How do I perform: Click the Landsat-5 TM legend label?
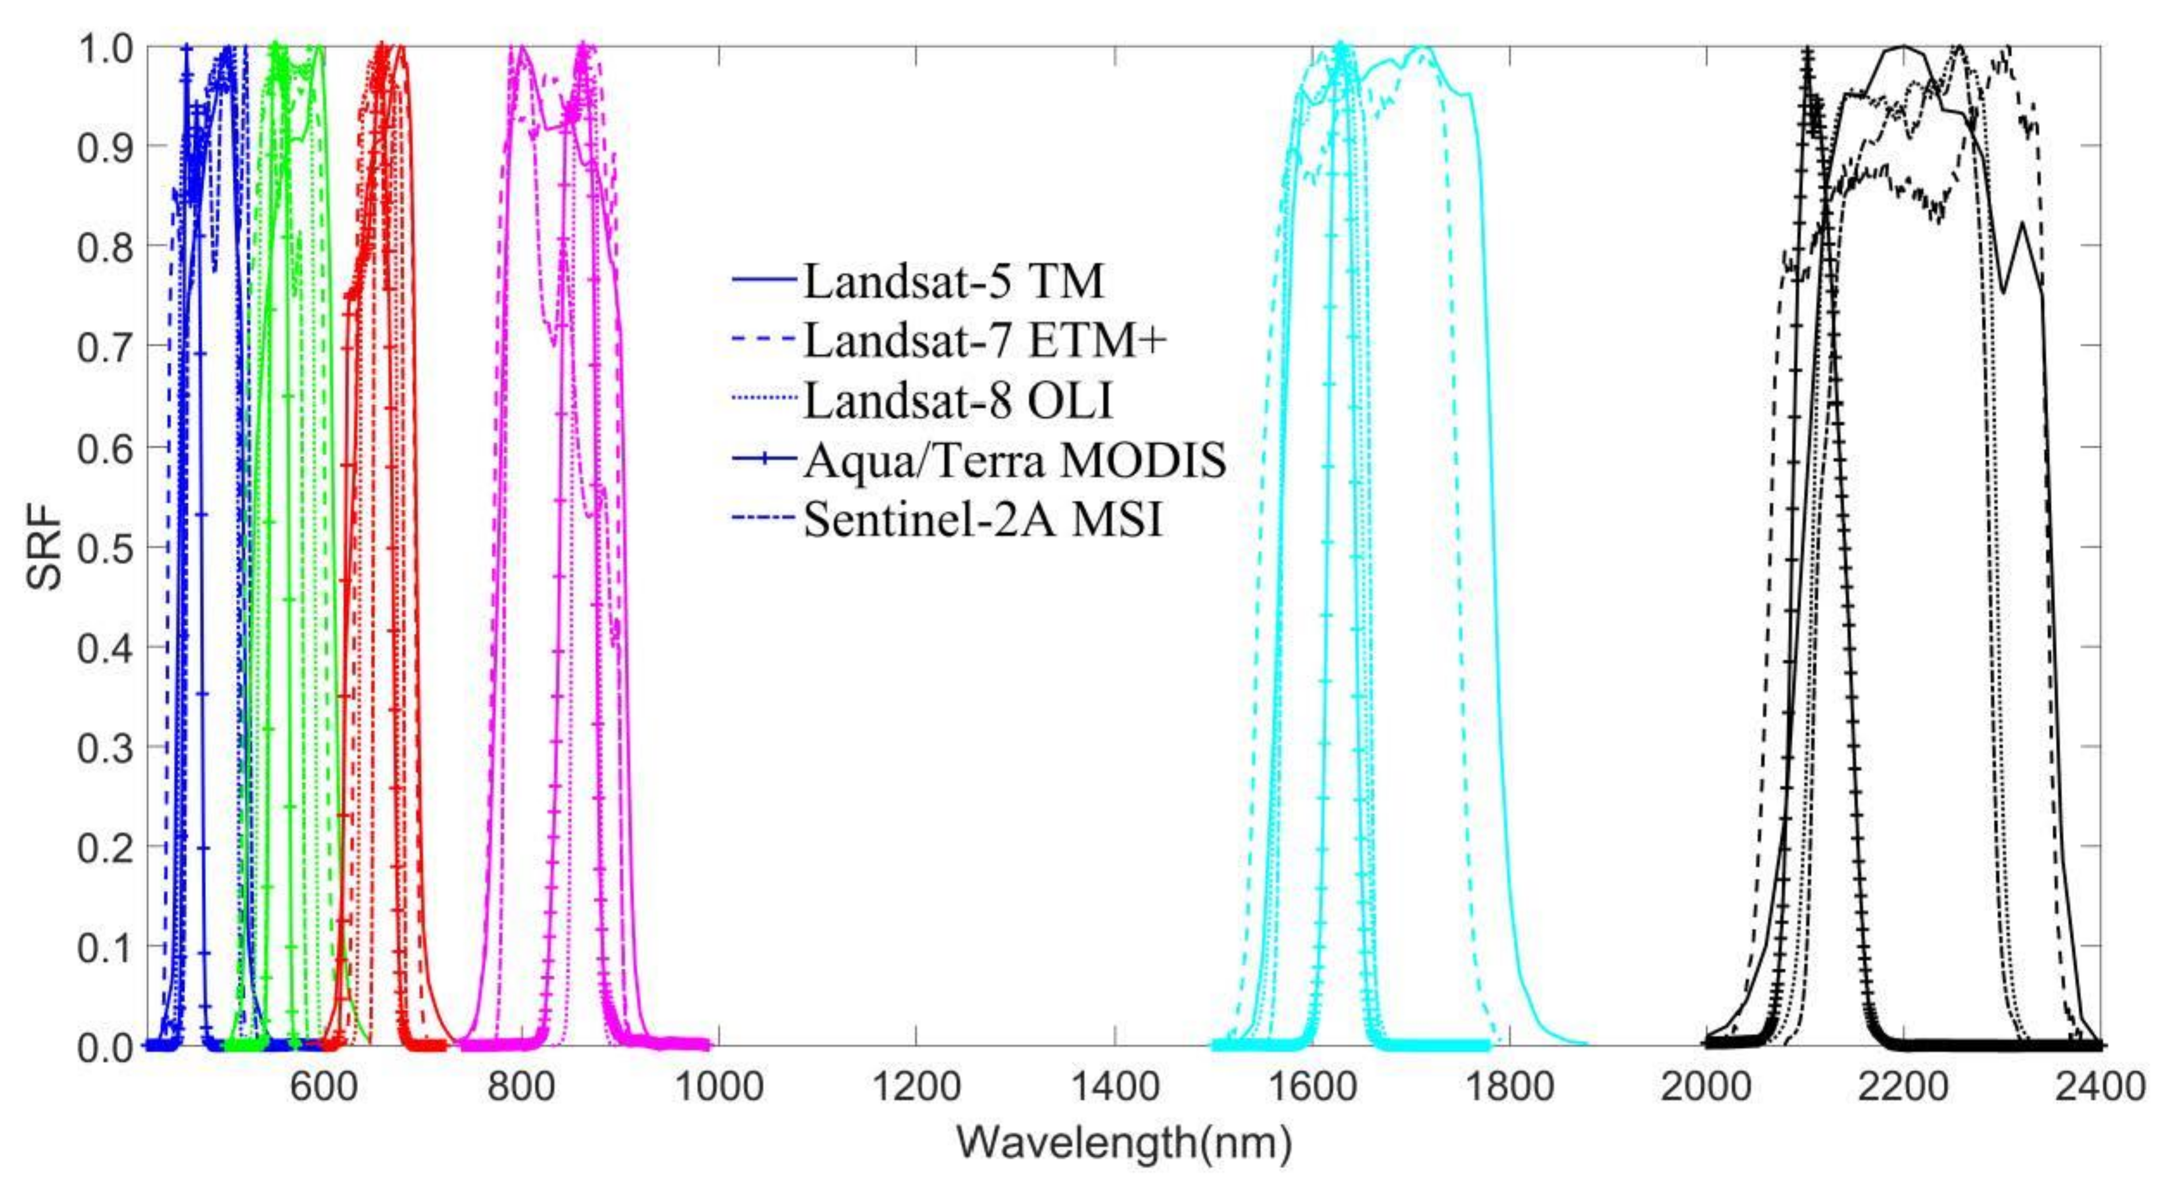point(953,282)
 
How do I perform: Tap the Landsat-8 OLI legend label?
point(957,402)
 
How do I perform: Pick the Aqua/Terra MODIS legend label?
point(1014,461)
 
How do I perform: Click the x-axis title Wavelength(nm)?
point(1124,1142)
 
